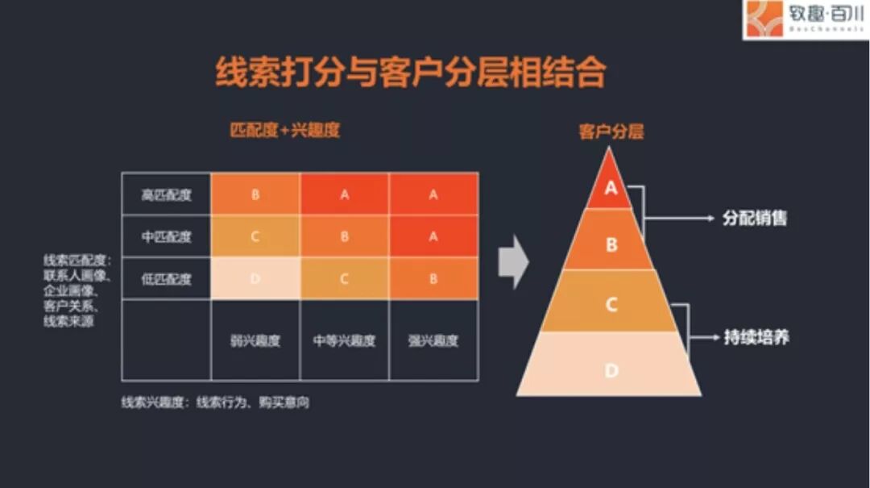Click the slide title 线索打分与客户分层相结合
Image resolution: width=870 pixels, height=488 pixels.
point(410,73)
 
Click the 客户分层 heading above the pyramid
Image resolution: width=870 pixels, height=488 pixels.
point(611,132)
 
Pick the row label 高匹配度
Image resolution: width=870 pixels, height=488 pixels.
point(167,194)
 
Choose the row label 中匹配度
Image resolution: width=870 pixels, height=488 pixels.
point(167,237)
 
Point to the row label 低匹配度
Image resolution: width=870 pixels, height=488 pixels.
point(167,279)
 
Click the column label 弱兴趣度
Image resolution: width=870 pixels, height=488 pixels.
point(255,340)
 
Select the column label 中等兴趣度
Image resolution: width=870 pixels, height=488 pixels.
point(344,340)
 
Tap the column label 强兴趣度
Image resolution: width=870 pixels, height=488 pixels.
point(433,340)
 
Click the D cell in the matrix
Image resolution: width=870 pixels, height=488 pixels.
point(255,279)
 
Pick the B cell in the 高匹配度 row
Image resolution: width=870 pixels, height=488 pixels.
point(255,194)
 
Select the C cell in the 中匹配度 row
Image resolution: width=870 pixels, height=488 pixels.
point(255,237)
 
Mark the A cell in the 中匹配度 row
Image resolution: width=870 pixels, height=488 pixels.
point(433,237)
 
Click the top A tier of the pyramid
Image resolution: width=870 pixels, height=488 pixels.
point(611,188)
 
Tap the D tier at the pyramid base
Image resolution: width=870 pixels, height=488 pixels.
point(611,370)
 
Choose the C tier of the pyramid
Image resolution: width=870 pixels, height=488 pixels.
point(611,304)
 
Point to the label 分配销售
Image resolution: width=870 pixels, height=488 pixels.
point(754,219)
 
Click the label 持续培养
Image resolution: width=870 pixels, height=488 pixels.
point(756,337)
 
